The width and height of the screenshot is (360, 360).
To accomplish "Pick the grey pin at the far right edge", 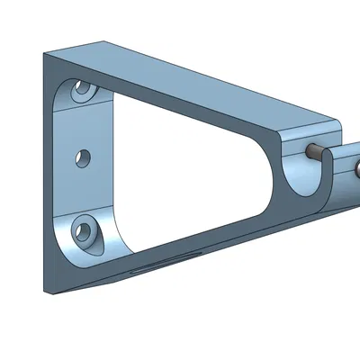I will pyautogui.click(x=357, y=167).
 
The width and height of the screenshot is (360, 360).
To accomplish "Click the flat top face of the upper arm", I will pyautogui.click(x=198, y=81).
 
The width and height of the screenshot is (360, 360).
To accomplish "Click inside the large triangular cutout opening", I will pyautogui.click(x=189, y=180).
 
